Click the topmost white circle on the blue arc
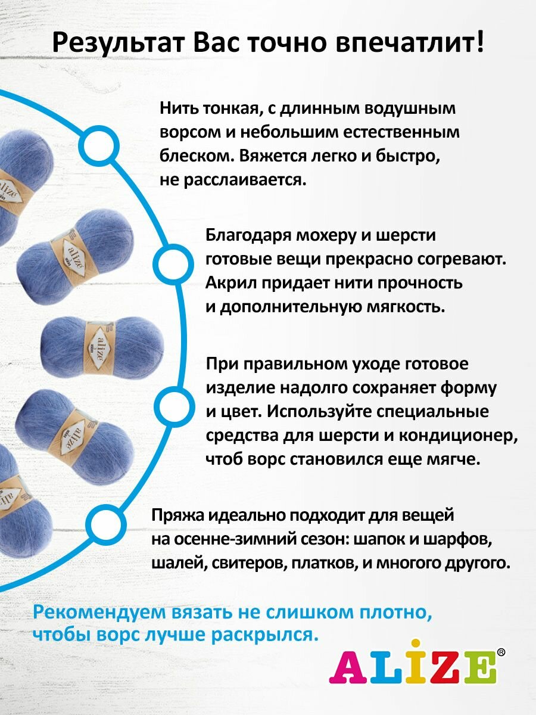pos(99,147)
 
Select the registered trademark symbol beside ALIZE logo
pos(501,652)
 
